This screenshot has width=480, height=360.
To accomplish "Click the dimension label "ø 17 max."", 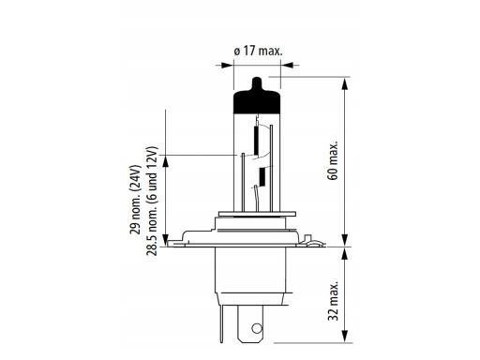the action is coord(258,51).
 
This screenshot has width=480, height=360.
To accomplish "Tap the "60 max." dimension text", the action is coord(333,160).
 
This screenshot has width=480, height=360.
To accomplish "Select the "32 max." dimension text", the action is coord(333,300).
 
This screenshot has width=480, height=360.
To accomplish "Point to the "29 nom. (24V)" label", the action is coord(136,200).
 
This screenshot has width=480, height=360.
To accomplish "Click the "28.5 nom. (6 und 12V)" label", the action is coord(152,201).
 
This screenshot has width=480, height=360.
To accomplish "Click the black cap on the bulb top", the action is coord(257,99).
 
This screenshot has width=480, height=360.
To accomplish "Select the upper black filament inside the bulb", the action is coord(257,141).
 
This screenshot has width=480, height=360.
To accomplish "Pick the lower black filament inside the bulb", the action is coord(262,176).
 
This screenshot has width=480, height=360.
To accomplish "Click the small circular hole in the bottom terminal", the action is coord(257,328).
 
